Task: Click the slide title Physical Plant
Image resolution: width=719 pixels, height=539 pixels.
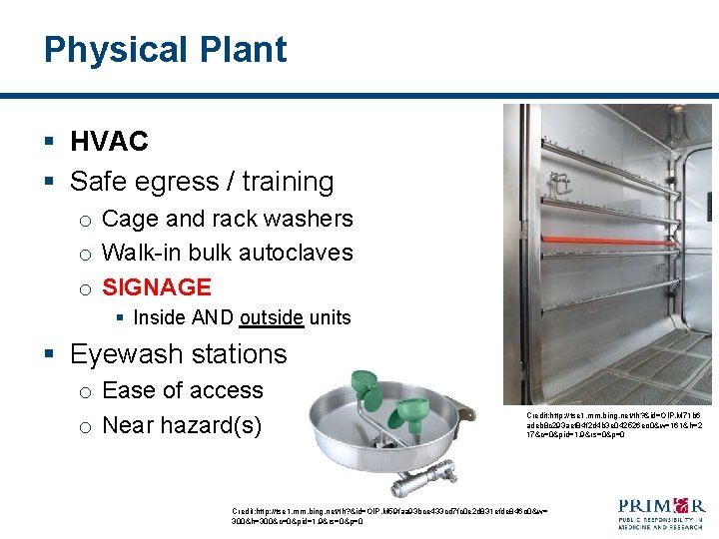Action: (x=165, y=50)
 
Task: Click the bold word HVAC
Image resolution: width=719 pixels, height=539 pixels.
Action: (x=109, y=142)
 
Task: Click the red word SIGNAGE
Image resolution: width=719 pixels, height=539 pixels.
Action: (x=157, y=287)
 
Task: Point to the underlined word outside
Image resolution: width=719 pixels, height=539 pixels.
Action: (x=271, y=318)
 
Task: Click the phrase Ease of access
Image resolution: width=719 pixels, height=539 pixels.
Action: (x=183, y=390)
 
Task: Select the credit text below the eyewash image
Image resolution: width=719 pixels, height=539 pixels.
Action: (x=389, y=515)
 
